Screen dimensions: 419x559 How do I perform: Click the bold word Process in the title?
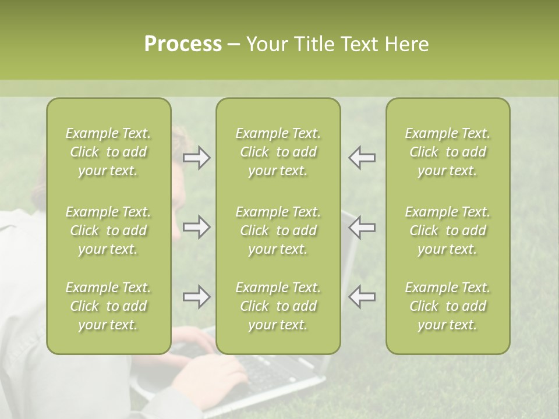[183, 44]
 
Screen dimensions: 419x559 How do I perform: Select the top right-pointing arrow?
[196, 158]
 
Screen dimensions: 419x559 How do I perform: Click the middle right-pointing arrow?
[196, 227]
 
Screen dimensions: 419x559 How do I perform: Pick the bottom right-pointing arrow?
[196, 297]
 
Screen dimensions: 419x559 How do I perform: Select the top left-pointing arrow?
[362, 158]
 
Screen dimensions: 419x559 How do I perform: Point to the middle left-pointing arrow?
[362, 227]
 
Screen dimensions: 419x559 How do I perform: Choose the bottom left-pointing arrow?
[362, 297]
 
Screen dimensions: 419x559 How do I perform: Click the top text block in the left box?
[108, 152]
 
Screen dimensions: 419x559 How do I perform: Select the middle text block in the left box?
[108, 230]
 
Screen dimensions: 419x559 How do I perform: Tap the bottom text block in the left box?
[108, 306]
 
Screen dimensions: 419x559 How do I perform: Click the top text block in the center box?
[278, 152]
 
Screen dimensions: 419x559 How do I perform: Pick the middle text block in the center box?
[278, 230]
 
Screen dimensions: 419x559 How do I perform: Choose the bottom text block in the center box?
[278, 306]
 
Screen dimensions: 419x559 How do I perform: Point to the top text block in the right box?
[448, 152]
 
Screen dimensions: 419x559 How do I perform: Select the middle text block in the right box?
[448, 230]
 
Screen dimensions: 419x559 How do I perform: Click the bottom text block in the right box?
[448, 306]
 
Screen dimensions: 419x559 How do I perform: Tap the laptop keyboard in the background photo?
[274, 372]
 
